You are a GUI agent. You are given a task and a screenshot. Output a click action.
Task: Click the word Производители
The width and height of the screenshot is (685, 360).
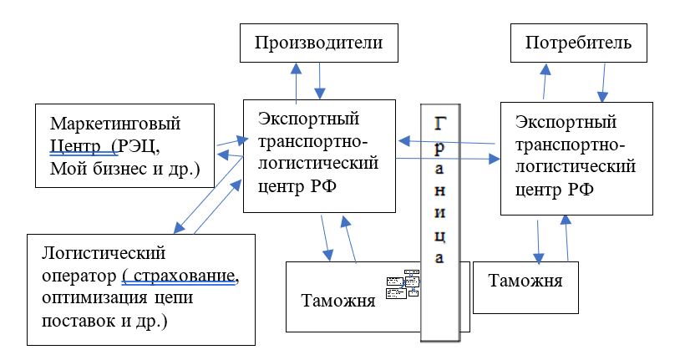click(x=319, y=43)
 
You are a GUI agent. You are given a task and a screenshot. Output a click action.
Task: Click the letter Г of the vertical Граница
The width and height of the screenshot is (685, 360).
click(x=440, y=123)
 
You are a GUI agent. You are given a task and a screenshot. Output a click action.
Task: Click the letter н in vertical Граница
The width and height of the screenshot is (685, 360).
click(x=440, y=179)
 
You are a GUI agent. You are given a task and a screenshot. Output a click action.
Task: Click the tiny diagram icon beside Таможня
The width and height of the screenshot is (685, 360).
click(x=402, y=284)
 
